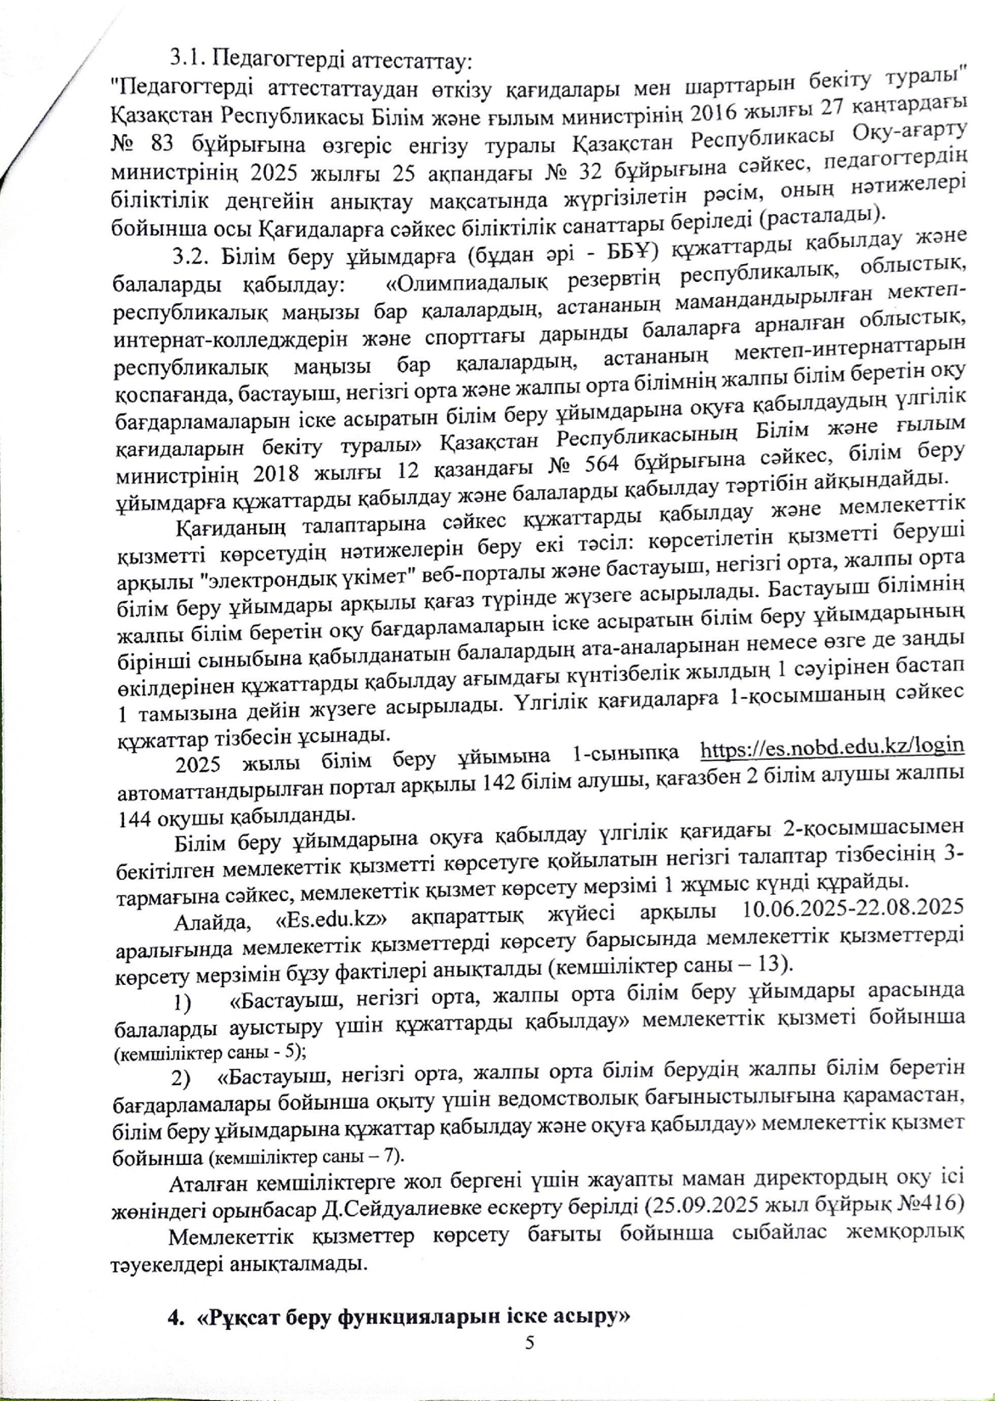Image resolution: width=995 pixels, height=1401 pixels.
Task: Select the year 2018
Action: (267, 472)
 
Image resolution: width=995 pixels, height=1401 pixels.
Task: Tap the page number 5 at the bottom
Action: (529, 1342)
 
